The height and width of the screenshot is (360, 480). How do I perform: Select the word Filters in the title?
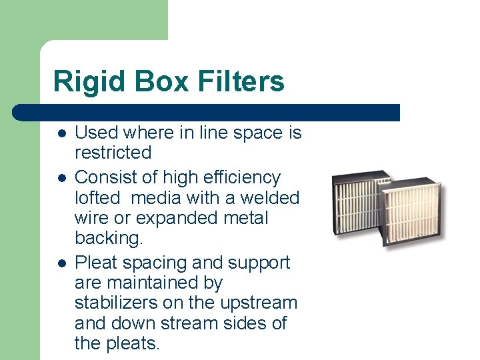click(x=241, y=82)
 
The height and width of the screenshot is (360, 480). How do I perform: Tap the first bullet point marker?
click(x=61, y=133)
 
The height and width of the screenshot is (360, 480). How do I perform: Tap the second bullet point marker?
click(x=61, y=178)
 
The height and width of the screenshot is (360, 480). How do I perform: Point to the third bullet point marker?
click(x=61, y=263)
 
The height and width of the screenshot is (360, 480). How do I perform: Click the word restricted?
click(x=113, y=153)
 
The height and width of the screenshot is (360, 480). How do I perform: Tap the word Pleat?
click(x=95, y=263)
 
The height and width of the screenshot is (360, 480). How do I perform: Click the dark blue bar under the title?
click(x=207, y=112)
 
